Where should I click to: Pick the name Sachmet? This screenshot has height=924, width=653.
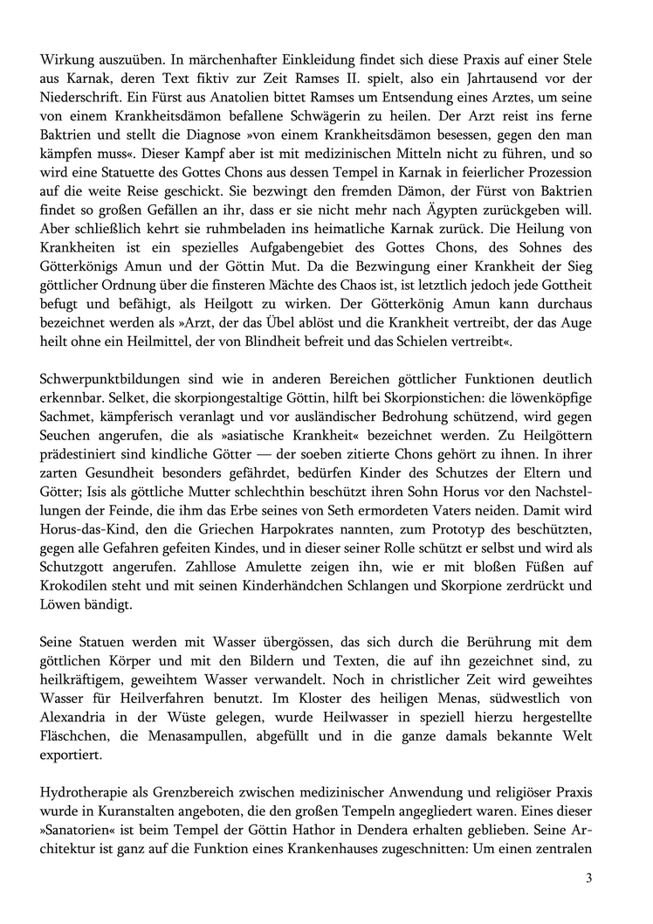point(68,417)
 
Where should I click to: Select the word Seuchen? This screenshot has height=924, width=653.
point(67,438)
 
